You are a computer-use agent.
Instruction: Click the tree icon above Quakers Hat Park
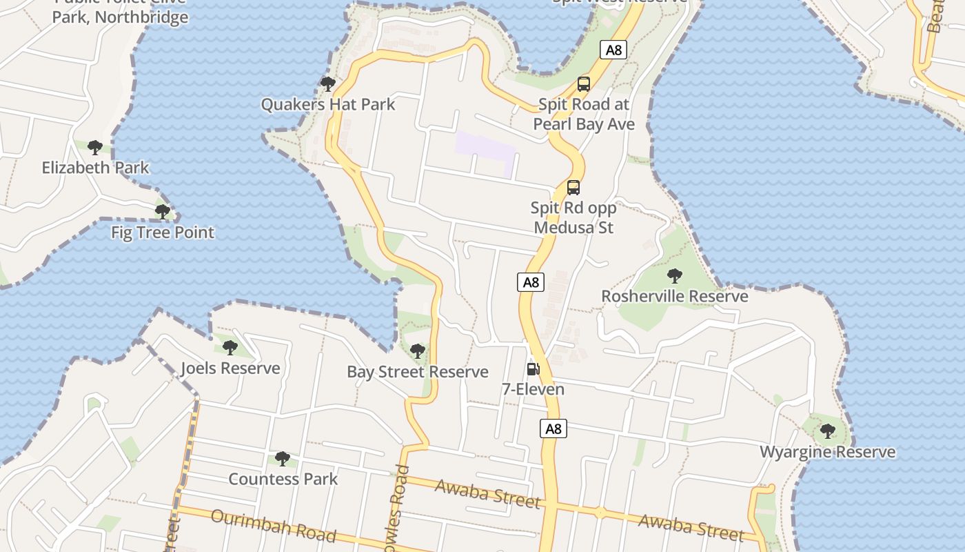(328, 84)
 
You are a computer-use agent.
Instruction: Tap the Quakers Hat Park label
(328, 105)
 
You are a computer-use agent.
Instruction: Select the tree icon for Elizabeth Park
(95, 147)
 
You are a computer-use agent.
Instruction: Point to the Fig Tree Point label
(163, 233)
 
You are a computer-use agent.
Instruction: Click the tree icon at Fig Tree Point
(163, 212)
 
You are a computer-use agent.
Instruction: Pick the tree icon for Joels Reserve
(230, 348)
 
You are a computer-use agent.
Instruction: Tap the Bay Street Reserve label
(417, 372)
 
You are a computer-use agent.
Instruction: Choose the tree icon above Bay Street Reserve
(417, 351)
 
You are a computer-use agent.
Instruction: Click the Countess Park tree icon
(283, 458)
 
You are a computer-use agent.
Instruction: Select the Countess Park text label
(283, 479)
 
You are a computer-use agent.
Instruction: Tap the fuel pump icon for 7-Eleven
(533, 369)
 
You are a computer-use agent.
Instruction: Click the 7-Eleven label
(533, 390)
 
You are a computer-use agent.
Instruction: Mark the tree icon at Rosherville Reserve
(675, 276)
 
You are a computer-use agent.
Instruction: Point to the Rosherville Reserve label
(675, 297)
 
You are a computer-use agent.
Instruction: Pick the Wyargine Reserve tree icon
(827, 432)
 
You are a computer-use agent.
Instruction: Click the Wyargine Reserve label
(827, 453)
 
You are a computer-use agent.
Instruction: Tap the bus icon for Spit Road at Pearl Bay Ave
(584, 85)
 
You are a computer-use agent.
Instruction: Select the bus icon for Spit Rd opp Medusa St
(573, 188)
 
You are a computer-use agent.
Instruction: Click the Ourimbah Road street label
(274, 526)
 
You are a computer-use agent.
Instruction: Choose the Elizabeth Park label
(95, 168)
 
